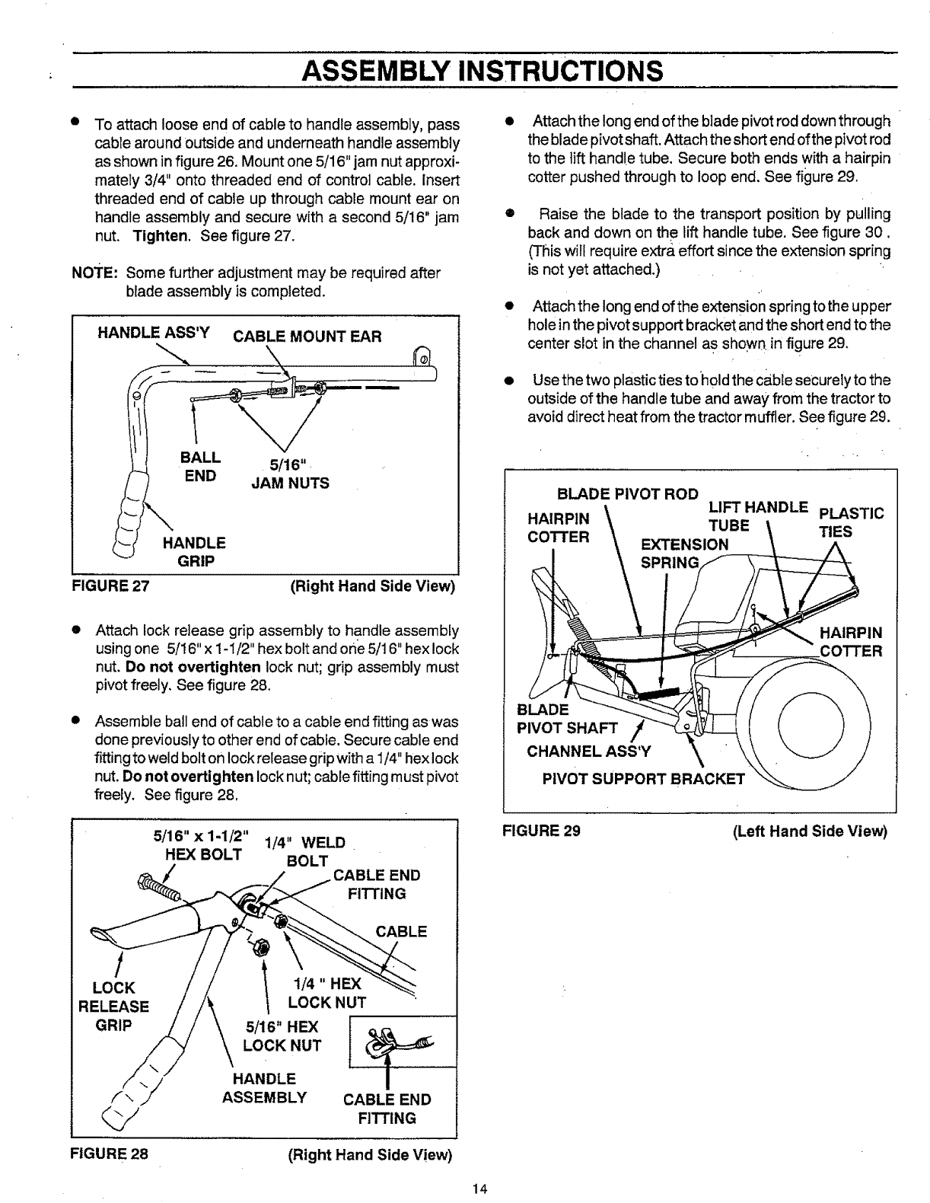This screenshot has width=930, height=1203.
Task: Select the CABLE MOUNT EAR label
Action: (x=307, y=336)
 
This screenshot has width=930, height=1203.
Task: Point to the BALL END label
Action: (x=199, y=467)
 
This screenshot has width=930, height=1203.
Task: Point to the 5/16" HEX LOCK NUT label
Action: (x=282, y=1036)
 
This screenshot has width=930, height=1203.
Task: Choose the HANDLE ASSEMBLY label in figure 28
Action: (x=264, y=1088)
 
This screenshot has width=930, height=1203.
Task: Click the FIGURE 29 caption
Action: (x=542, y=831)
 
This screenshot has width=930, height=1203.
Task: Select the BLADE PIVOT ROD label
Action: (x=628, y=493)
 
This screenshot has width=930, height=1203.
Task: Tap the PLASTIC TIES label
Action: (x=849, y=522)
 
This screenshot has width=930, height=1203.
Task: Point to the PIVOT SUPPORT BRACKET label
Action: (x=643, y=778)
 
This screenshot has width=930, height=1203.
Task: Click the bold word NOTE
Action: (x=94, y=273)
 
